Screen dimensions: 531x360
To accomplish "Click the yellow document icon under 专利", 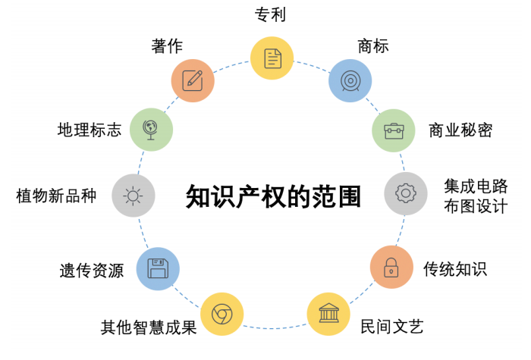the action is click(x=272, y=58).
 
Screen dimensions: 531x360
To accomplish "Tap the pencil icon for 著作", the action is click(x=193, y=80).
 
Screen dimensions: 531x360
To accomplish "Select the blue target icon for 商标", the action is click(x=350, y=81).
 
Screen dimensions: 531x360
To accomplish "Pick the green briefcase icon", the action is click(x=394, y=130).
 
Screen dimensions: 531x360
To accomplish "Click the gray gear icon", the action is click(x=406, y=193).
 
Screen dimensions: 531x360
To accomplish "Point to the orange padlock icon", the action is click(x=391, y=267).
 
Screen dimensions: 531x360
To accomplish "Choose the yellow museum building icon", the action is click(x=328, y=314).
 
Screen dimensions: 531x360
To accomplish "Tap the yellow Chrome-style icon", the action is click(x=222, y=314).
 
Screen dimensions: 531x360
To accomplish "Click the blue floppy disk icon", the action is click(x=158, y=268).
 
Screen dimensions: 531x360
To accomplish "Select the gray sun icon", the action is click(x=134, y=196).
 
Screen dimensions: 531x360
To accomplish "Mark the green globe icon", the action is click(x=152, y=130).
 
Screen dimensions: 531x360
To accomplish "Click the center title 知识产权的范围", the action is click(x=273, y=196).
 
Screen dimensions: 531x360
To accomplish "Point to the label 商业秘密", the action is click(x=460, y=130).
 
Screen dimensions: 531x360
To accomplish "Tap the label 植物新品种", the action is click(x=56, y=196).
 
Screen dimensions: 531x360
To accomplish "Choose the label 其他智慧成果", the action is click(x=149, y=327).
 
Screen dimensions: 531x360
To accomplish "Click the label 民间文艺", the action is click(x=392, y=327).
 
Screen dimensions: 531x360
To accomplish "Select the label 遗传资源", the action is click(x=92, y=271).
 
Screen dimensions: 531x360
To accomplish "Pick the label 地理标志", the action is click(x=90, y=130).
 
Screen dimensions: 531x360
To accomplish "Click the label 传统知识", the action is click(x=455, y=269).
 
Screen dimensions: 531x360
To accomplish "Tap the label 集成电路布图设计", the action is click(x=476, y=196).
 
